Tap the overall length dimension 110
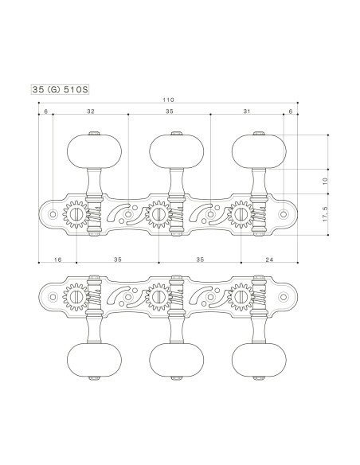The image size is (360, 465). click(168, 100)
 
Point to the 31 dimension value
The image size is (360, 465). click(248, 112)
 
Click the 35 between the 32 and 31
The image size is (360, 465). click(169, 112)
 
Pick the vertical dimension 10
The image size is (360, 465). click(324, 182)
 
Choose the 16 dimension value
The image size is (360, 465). click(57, 260)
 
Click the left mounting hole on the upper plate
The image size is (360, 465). click(53, 214)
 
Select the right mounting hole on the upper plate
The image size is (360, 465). click(283, 214)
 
